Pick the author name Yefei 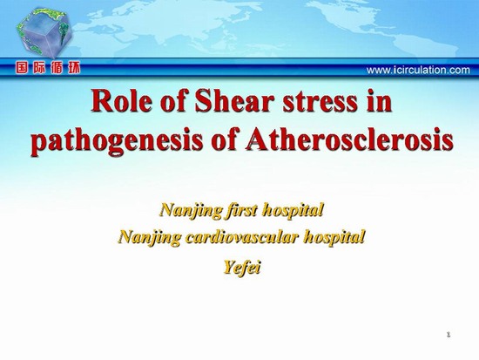242,268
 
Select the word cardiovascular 241,237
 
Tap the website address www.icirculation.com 418,71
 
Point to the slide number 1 449,335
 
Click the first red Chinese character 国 22,68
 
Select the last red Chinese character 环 74,68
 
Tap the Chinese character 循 57,68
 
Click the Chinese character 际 39,68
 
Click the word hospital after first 293,211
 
